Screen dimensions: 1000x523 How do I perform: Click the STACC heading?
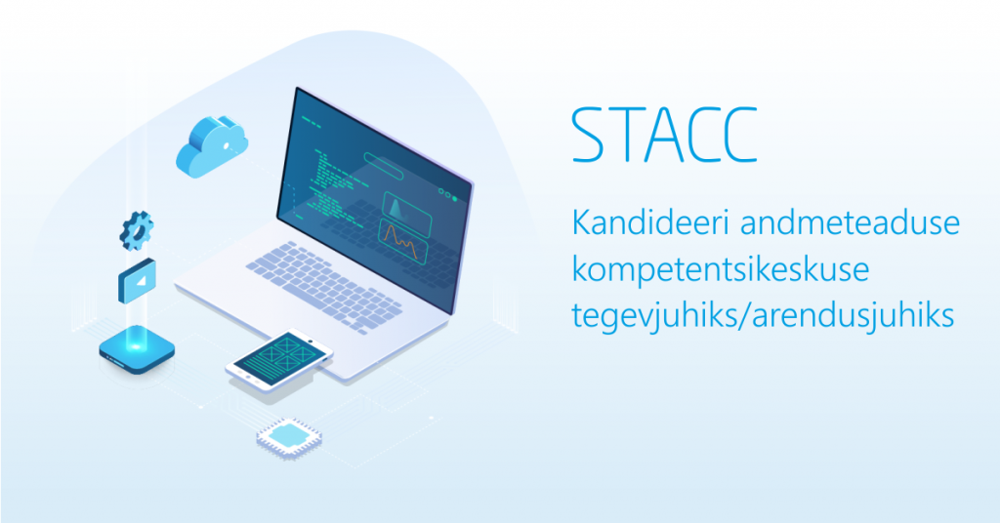[664, 135]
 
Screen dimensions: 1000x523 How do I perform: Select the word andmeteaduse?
[851, 222]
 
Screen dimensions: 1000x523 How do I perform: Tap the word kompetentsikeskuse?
[721, 269]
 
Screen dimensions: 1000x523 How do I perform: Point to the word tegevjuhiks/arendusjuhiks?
[763, 315]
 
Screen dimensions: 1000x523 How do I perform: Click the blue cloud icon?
[212, 146]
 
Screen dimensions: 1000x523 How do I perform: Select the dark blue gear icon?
[137, 230]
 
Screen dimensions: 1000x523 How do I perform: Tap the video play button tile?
[137, 280]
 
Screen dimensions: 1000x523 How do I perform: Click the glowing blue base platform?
[137, 349]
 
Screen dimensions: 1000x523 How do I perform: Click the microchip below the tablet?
[289, 438]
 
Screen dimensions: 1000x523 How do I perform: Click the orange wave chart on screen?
[402, 241]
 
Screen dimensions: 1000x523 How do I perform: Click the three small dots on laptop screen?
[447, 193]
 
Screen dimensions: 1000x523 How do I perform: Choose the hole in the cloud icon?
[227, 146]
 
